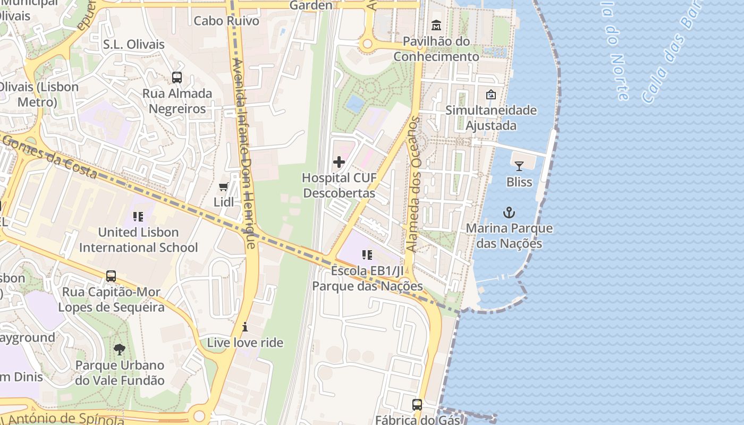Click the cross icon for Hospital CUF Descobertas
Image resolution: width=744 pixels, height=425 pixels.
pyautogui.click(x=339, y=162)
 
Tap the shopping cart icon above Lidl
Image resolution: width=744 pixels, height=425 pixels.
pyautogui.click(x=224, y=186)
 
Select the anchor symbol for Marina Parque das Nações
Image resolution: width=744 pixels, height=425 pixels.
pyautogui.click(x=509, y=213)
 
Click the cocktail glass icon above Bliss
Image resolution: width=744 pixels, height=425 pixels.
pyautogui.click(x=519, y=166)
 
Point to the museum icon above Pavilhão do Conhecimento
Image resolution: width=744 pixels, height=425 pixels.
pyautogui.click(x=436, y=25)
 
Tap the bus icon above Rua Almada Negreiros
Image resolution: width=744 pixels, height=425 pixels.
pyautogui.click(x=177, y=78)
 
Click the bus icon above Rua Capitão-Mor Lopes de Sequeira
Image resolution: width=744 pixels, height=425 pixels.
pyautogui.click(x=111, y=276)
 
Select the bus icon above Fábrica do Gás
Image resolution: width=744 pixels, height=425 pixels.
pyautogui.click(x=417, y=405)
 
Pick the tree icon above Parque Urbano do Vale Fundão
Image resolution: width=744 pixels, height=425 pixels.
pyautogui.click(x=120, y=350)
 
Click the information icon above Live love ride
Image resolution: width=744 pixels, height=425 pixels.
pyautogui.click(x=245, y=327)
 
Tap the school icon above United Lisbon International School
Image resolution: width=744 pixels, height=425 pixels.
pyautogui.click(x=138, y=217)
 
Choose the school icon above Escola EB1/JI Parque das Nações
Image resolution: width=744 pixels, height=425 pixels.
pyautogui.click(x=367, y=256)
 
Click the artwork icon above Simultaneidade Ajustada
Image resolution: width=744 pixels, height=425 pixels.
pyautogui.click(x=491, y=95)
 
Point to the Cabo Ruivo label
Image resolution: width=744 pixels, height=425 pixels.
pyautogui.click(x=226, y=21)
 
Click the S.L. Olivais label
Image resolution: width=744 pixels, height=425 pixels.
pyautogui.click(x=134, y=45)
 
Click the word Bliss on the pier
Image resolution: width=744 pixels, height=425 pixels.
pyautogui.click(x=519, y=182)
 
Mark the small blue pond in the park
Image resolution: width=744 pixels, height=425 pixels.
pyautogui.click(x=355, y=104)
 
